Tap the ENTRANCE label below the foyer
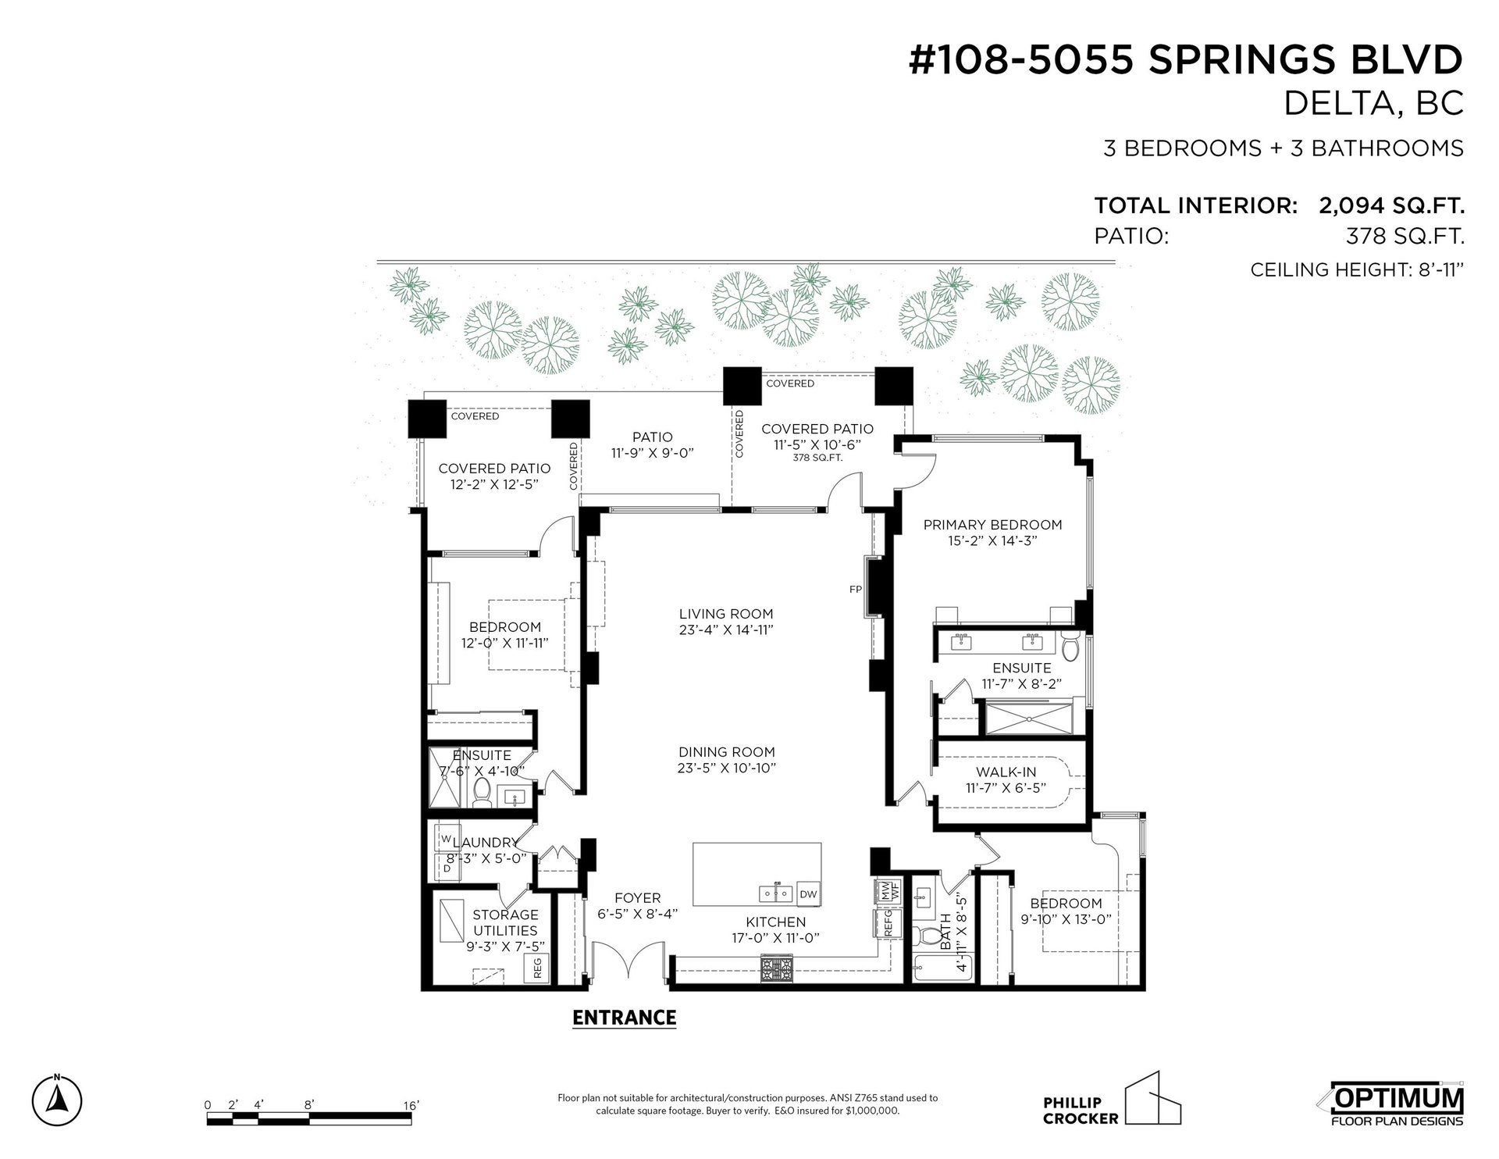tap(624, 1018)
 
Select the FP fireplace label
tap(855, 590)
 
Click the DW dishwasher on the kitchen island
tap(808, 894)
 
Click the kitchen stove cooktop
tap(776, 969)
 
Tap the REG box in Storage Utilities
tap(537, 969)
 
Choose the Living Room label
tap(726, 614)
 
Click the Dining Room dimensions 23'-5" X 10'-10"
tap(726, 768)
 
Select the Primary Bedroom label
tap(992, 525)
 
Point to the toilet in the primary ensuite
tap(1070, 645)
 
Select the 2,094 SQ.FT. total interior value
tap(1391, 206)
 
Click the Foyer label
tap(637, 898)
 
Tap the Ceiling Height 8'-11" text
tap(1356, 270)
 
